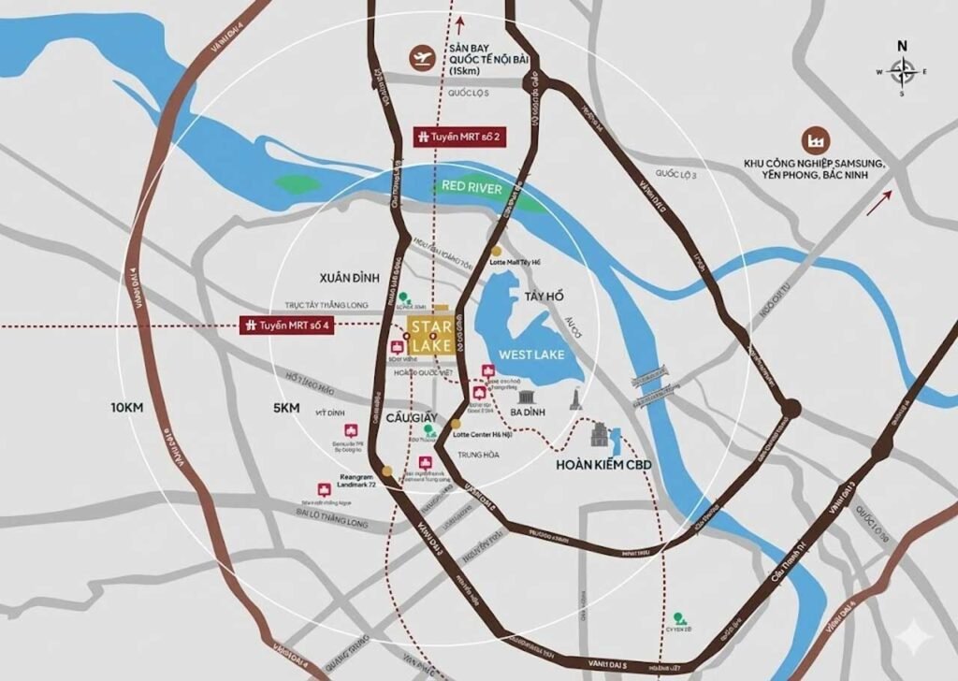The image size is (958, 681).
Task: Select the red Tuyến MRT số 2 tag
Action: tap(457, 138)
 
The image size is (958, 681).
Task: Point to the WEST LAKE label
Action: tap(528, 355)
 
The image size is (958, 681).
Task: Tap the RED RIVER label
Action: tap(472, 189)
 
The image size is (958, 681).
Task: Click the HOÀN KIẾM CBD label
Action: tap(602, 464)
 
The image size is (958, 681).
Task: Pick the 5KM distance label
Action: tap(286, 408)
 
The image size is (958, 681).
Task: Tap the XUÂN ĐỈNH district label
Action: tap(348, 279)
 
